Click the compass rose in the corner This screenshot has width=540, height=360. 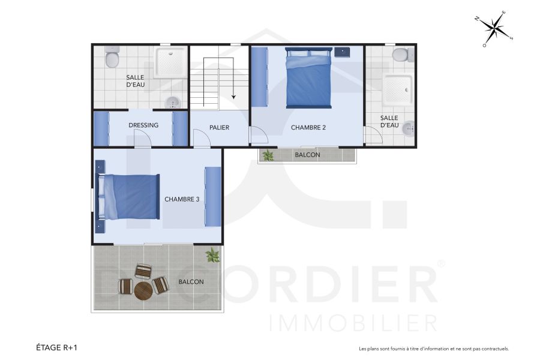(495, 28)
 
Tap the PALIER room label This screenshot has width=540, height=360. (220, 128)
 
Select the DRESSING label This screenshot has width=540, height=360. (143, 125)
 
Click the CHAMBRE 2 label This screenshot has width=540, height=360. (308, 128)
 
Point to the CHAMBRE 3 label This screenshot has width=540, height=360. (182, 199)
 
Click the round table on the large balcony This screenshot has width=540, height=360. (144, 291)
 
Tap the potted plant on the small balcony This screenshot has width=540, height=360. (268, 155)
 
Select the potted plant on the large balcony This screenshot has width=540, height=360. (212, 256)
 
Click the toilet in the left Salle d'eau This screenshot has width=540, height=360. (112, 59)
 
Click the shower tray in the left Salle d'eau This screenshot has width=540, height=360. (170, 63)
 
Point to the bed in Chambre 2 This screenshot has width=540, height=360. (308, 79)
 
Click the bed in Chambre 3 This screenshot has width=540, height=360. (128, 197)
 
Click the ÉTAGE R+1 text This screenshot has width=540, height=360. (57, 347)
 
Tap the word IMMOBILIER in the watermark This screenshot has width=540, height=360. (353, 323)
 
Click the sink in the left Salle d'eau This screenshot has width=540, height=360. (173, 103)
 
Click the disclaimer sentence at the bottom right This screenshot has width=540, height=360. (433, 349)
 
